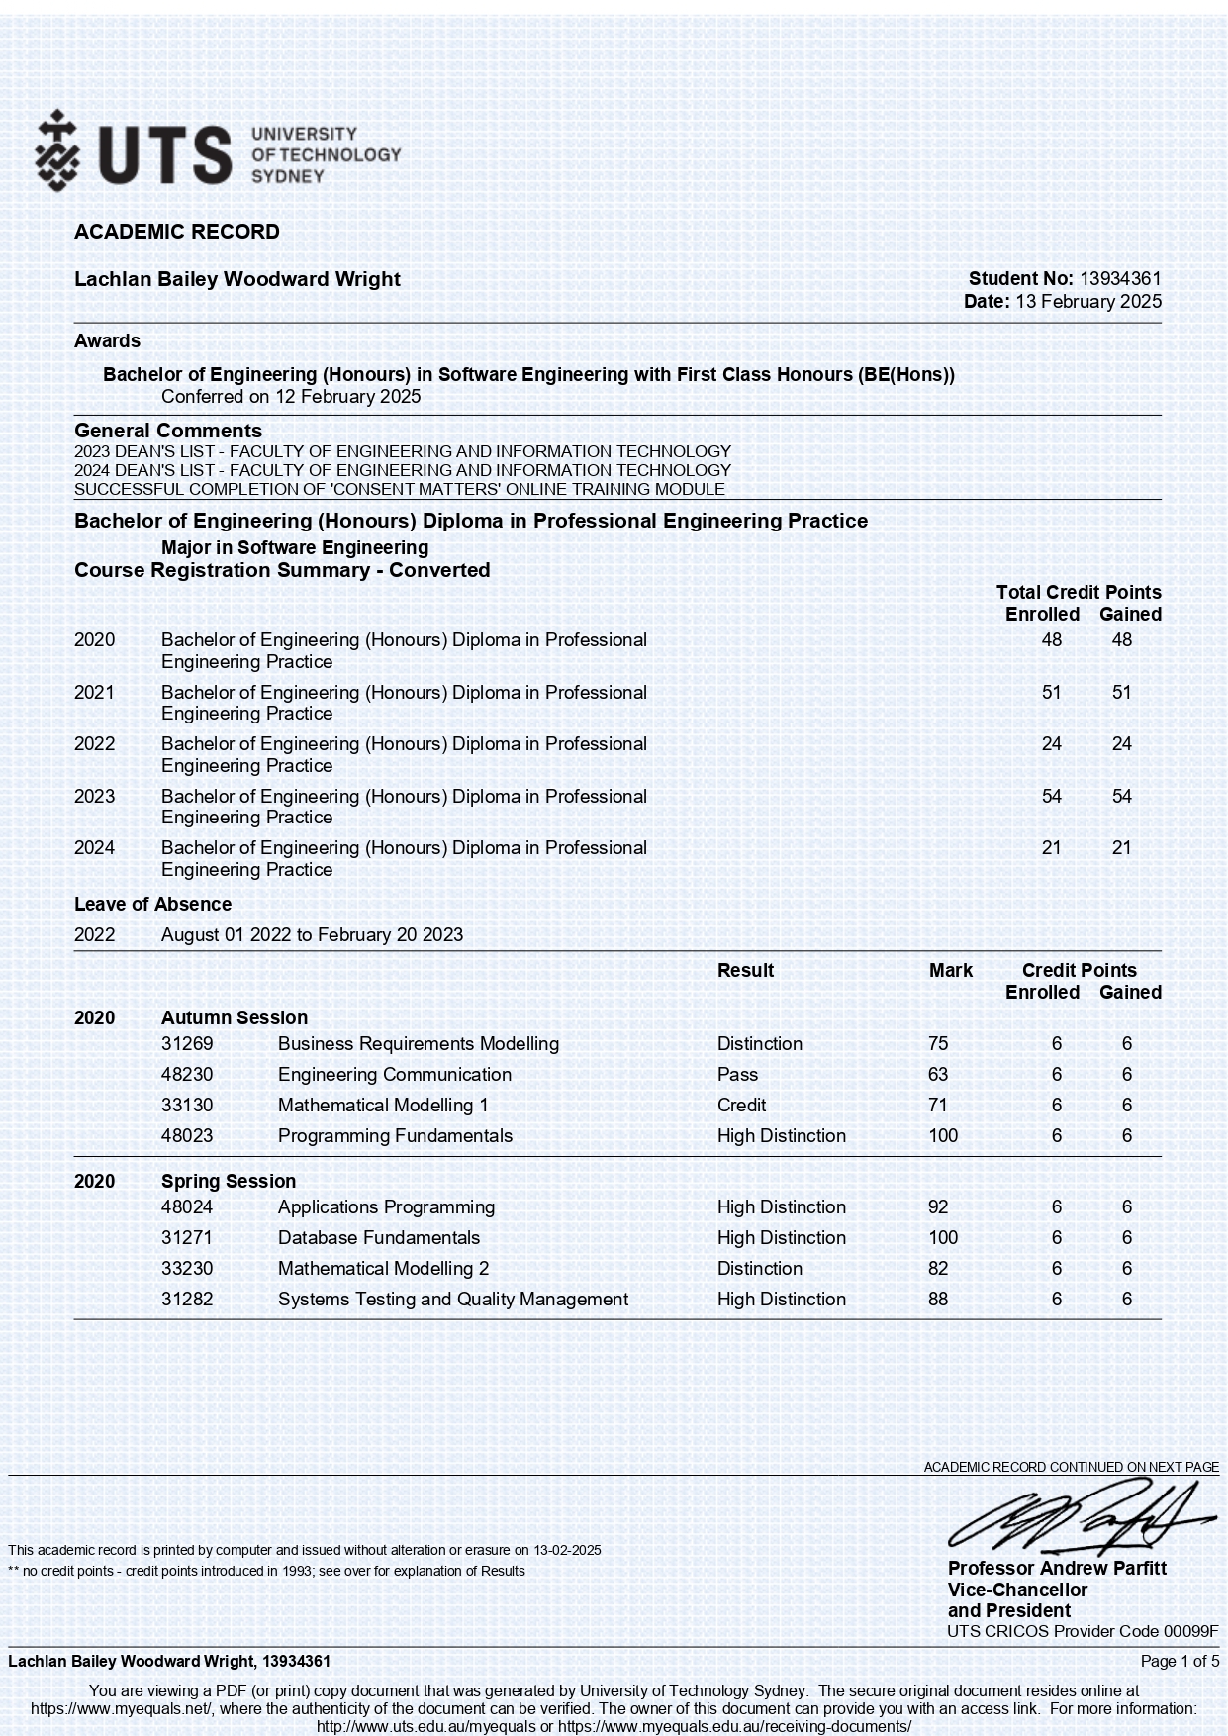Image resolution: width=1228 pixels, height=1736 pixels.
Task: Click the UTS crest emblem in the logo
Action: [x=57, y=151]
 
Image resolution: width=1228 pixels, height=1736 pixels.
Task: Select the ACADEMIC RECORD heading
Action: [x=177, y=232]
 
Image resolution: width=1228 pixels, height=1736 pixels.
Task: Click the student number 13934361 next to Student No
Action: [x=1120, y=279]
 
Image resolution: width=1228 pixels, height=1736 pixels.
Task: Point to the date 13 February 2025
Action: [x=1088, y=302]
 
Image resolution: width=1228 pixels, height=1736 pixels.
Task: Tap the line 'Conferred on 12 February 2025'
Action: [x=291, y=397]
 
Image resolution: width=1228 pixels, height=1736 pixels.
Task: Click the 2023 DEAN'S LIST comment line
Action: [x=403, y=451]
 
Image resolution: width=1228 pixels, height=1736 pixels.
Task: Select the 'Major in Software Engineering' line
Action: [x=295, y=547]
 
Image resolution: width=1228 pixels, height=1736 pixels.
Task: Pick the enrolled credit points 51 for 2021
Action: [x=1051, y=692]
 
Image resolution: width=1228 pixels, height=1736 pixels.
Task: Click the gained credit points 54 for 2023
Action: [x=1121, y=796]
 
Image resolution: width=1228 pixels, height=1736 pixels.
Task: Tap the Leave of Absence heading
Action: [x=152, y=904]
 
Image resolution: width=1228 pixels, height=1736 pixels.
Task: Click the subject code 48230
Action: [x=187, y=1074]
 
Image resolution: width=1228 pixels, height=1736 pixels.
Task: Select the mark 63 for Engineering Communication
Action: [x=938, y=1074]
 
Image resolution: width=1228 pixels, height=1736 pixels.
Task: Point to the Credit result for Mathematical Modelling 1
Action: [x=741, y=1105]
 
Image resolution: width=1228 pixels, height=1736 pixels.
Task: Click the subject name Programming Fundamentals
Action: [x=395, y=1135]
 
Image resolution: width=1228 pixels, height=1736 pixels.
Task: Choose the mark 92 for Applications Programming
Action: [x=938, y=1206]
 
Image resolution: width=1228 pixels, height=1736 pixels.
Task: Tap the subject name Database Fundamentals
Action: [x=378, y=1237]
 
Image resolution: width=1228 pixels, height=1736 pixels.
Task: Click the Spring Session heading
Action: [x=229, y=1181]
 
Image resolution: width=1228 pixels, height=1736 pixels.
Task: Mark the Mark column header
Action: [x=950, y=970]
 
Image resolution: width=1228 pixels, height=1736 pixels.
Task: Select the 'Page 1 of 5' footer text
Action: [x=1180, y=1661]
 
